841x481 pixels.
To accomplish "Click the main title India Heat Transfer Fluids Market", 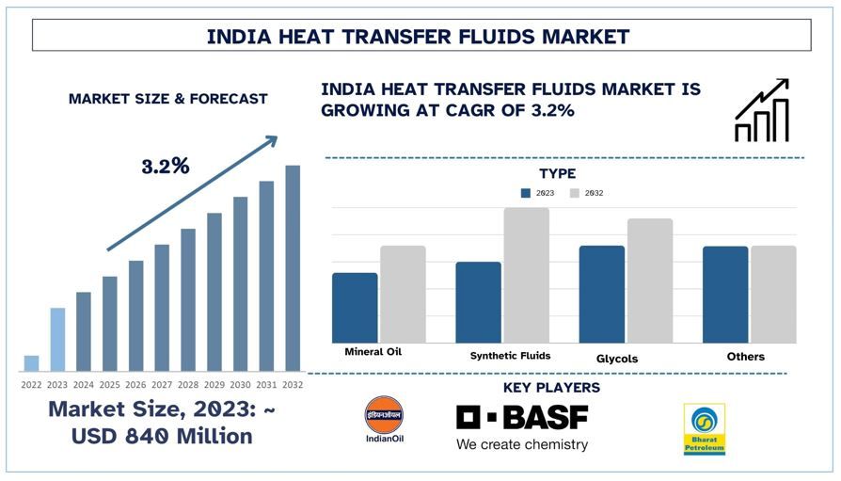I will click(419, 37).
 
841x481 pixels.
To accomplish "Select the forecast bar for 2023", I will click(57, 339).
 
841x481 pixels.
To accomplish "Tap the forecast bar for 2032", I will click(293, 268).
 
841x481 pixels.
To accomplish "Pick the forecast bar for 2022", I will click(31, 363).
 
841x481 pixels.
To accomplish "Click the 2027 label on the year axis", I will click(162, 384).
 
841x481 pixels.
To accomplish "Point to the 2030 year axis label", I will click(240, 384).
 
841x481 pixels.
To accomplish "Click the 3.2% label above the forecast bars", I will click(166, 167).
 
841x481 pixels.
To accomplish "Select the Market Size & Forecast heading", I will click(167, 99).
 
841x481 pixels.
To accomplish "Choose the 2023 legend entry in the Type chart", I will click(537, 193).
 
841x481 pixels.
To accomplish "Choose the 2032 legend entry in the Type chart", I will click(586, 193).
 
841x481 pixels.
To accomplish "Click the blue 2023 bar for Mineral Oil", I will click(355, 308).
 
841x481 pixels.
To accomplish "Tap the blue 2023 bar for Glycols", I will click(601, 294).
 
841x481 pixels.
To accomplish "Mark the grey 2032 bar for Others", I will click(773, 295).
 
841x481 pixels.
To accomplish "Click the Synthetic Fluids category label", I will click(510, 356).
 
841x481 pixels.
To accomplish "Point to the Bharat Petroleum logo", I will click(704, 428).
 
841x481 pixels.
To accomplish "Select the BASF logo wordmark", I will click(522, 417).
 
